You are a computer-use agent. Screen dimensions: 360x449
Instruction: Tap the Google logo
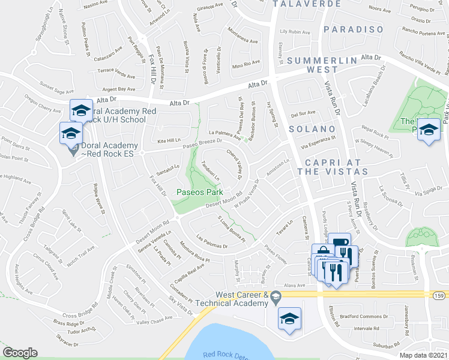[20, 353]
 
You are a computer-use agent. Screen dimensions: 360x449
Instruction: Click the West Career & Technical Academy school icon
[289, 318]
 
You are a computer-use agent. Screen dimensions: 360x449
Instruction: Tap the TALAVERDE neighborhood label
[302, 4]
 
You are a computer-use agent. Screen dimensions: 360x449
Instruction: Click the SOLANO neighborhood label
[311, 129]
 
